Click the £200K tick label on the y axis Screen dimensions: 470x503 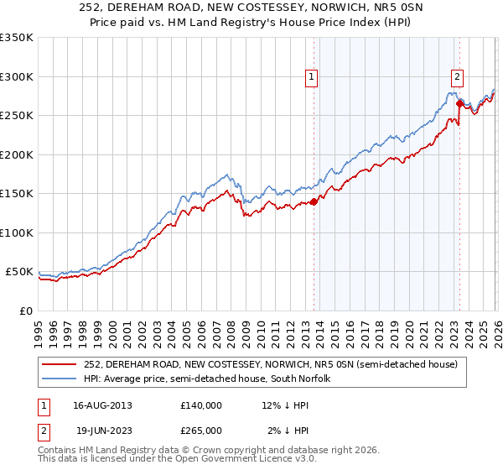(x=17, y=154)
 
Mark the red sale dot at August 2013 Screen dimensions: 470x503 (x=314, y=201)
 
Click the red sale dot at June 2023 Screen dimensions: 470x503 (x=459, y=104)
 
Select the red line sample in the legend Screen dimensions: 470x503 (x=60, y=365)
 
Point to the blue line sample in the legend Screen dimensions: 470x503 (x=60, y=379)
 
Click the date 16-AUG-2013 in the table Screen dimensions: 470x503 (x=101, y=405)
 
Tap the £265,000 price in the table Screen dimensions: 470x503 (x=201, y=430)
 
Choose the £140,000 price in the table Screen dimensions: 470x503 (x=201, y=405)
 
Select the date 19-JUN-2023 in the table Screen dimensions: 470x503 (x=101, y=430)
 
